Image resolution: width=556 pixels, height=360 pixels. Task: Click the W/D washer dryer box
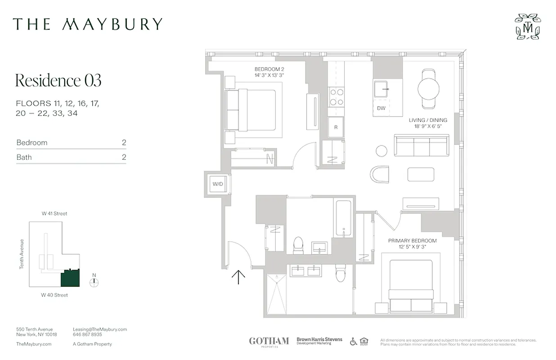[218, 184]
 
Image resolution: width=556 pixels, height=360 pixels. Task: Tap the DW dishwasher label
[381, 108]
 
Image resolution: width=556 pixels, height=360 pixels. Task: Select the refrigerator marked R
[336, 127]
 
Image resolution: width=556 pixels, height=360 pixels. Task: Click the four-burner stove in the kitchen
[336, 96]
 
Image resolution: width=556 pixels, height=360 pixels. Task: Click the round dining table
[429, 89]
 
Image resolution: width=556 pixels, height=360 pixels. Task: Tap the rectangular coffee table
[421, 174]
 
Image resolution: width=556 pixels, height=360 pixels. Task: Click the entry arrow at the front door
[238, 277]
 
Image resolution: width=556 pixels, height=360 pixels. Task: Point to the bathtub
[344, 218]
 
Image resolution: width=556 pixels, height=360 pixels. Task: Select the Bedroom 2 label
[269, 72]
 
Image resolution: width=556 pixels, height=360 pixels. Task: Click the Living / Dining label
[428, 123]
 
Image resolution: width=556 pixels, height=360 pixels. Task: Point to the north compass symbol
[94, 283]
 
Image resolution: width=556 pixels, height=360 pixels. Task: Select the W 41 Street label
[54, 214]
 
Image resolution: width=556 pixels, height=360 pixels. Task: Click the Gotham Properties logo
[269, 342]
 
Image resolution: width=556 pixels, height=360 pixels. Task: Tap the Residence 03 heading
[58, 81]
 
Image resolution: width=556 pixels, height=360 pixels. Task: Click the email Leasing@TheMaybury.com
[100, 329]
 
